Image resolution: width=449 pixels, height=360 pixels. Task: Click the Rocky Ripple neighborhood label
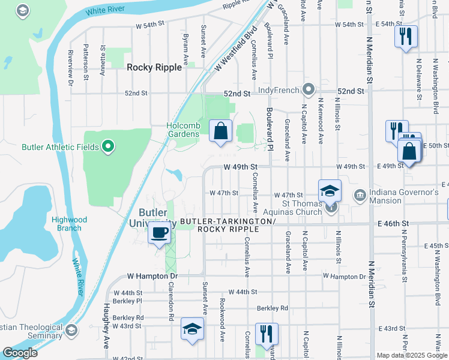pyautogui.click(x=154, y=68)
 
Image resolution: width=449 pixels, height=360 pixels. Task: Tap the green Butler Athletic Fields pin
pyautogui.click(x=108, y=146)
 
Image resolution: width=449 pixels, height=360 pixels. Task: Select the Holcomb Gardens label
pyautogui.click(x=183, y=130)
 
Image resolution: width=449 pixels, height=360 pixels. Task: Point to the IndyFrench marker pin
pyautogui.click(x=309, y=90)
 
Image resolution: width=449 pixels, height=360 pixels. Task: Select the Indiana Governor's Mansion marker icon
pyautogui.click(x=360, y=194)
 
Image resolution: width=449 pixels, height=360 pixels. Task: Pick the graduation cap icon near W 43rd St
pyautogui.click(x=192, y=329)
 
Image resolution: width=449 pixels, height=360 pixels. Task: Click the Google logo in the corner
pyautogui.click(x=20, y=353)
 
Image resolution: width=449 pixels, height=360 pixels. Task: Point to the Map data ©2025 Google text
pyautogui.click(x=412, y=355)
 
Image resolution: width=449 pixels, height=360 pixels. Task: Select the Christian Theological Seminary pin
pyautogui.click(x=71, y=331)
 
